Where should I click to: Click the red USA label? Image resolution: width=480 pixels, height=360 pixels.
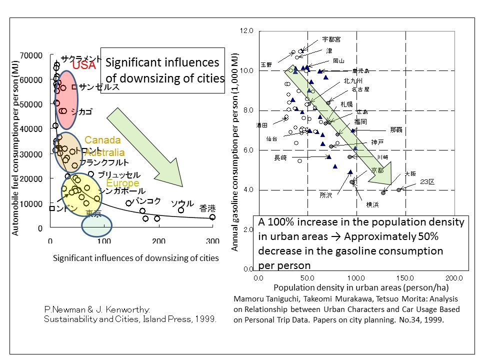click(x=83, y=65)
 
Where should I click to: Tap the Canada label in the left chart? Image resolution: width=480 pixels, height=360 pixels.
click(x=102, y=140)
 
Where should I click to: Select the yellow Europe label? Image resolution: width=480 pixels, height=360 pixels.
click(x=122, y=183)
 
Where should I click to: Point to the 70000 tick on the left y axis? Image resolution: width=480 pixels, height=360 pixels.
click(x=31, y=55)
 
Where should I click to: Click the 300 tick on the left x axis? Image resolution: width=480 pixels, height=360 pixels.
click(x=212, y=241)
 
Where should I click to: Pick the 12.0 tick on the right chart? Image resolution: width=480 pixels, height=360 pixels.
click(x=247, y=31)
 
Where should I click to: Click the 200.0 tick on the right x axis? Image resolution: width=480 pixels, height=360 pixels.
click(x=454, y=277)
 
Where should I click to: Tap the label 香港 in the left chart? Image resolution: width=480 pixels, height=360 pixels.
click(x=207, y=208)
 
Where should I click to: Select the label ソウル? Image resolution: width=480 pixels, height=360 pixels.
click(x=182, y=203)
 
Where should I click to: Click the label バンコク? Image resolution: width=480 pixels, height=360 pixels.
click(x=148, y=201)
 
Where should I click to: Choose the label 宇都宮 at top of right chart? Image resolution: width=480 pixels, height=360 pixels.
click(x=331, y=39)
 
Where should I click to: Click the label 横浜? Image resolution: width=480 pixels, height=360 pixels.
click(x=372, y=204)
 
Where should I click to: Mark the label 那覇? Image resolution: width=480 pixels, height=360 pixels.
click(x=395, y=129)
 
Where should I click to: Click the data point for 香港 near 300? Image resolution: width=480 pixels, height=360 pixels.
click(x=212, y=217)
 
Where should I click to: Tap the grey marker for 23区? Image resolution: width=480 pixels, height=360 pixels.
click(x=398, y=190)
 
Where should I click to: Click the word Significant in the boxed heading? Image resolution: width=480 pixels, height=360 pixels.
click(x=130, y=63)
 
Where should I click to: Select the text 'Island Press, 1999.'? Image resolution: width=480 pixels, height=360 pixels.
click(x=179, y=318)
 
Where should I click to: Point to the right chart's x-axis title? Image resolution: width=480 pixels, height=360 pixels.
click(x=361, y=288)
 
